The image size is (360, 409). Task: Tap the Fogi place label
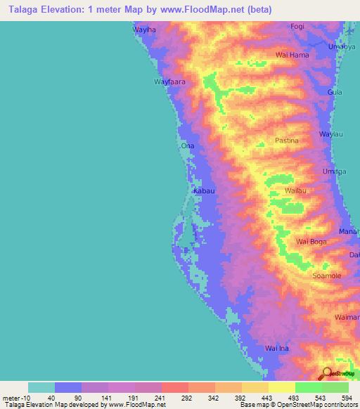coord(297,26)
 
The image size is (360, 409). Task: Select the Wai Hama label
coord(292,54)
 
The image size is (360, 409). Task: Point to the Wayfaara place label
coord(169,82)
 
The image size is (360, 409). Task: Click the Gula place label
coord(335,92)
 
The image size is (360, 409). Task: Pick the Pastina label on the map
coord(286,140)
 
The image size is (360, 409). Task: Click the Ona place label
coord(187,145)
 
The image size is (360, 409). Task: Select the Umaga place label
coord(334,172)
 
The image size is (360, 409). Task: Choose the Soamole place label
coord(326,275)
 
